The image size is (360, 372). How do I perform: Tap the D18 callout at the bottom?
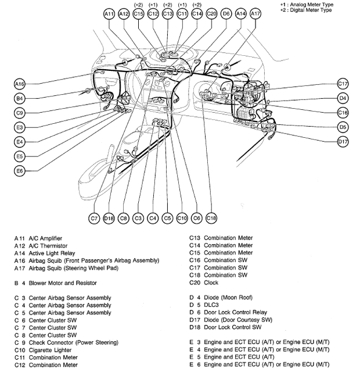point(109,218)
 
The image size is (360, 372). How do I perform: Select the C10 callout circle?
point(182,218)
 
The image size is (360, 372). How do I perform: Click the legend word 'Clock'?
point(211,282)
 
